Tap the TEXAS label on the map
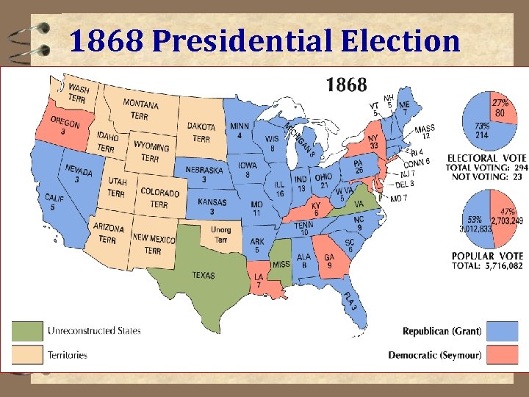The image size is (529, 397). coord(204,275)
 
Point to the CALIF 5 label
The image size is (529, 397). coord(54,202)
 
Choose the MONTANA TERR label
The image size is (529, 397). coord(140,110)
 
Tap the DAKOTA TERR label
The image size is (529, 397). coord(201,132)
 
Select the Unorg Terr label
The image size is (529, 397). coord(221,235)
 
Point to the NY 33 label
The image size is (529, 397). coord(373,141)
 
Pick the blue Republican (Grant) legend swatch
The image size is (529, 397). coord(502,332)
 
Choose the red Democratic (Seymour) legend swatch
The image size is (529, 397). coord(502,354)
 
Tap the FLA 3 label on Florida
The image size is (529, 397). coord(350,302)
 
